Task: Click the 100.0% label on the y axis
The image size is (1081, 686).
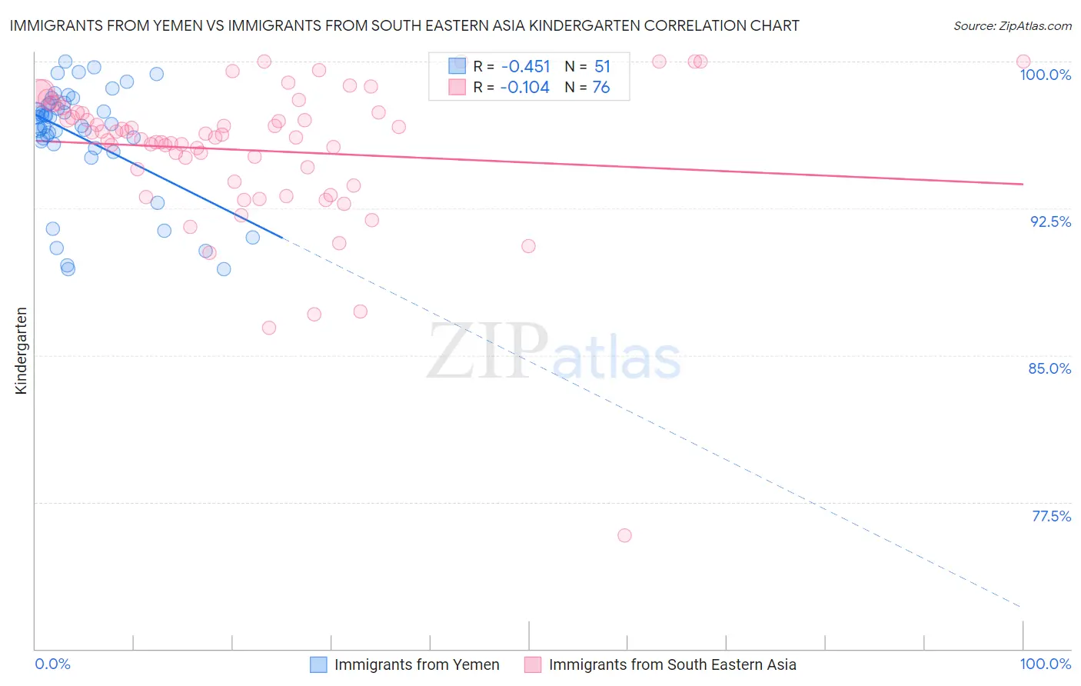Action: point(1045,75)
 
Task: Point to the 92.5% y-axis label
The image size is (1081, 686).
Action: point(1050,221)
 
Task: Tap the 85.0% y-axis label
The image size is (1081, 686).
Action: point(1049,368)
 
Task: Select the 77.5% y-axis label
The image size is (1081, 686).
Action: point(1051,516)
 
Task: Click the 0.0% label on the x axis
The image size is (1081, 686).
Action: point(52,664)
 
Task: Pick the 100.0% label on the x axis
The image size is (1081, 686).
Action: point(1045,664)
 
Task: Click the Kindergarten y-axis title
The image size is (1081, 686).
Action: point(21,351)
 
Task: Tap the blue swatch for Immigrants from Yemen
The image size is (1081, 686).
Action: point(319,664)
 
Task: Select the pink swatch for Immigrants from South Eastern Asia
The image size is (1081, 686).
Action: point(533,664)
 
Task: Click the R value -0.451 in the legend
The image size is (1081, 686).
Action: point(525,66)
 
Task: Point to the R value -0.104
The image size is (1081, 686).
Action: point(525,88)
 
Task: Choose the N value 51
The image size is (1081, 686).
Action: point(602,66)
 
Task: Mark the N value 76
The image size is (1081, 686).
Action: point(601,88)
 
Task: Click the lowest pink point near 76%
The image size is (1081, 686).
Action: point(624,535)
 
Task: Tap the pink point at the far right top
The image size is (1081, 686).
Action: point(1023,62)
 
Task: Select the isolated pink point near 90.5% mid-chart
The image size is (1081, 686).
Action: point(528,246)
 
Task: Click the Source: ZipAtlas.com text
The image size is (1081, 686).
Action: point(1012,26)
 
